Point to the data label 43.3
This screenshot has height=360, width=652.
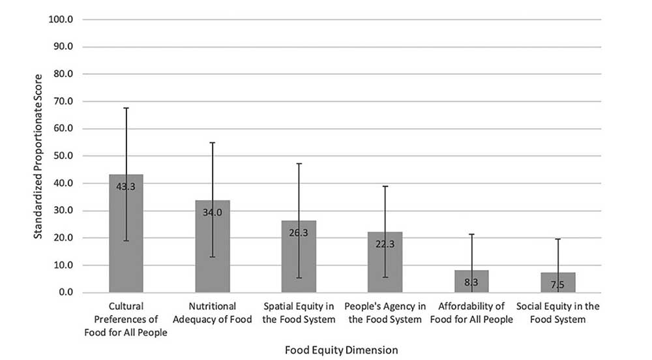point(126,187)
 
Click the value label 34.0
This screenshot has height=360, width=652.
point(213,212)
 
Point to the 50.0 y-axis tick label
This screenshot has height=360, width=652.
point(63,156)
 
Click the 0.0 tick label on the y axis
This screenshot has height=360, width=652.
point(65,292)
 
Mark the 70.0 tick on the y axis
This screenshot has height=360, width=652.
point(63,101)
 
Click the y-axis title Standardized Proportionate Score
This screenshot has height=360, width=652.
point(38,155)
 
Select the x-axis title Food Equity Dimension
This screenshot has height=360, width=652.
point(341,350)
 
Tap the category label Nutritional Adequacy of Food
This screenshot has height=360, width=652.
point(213,312)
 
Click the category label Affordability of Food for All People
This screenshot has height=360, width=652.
point(471,312)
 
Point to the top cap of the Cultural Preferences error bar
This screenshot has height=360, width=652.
point(126,108)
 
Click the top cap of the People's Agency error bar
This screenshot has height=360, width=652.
point(385,186)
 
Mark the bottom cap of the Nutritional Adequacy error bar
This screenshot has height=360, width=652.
point(213,257)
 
